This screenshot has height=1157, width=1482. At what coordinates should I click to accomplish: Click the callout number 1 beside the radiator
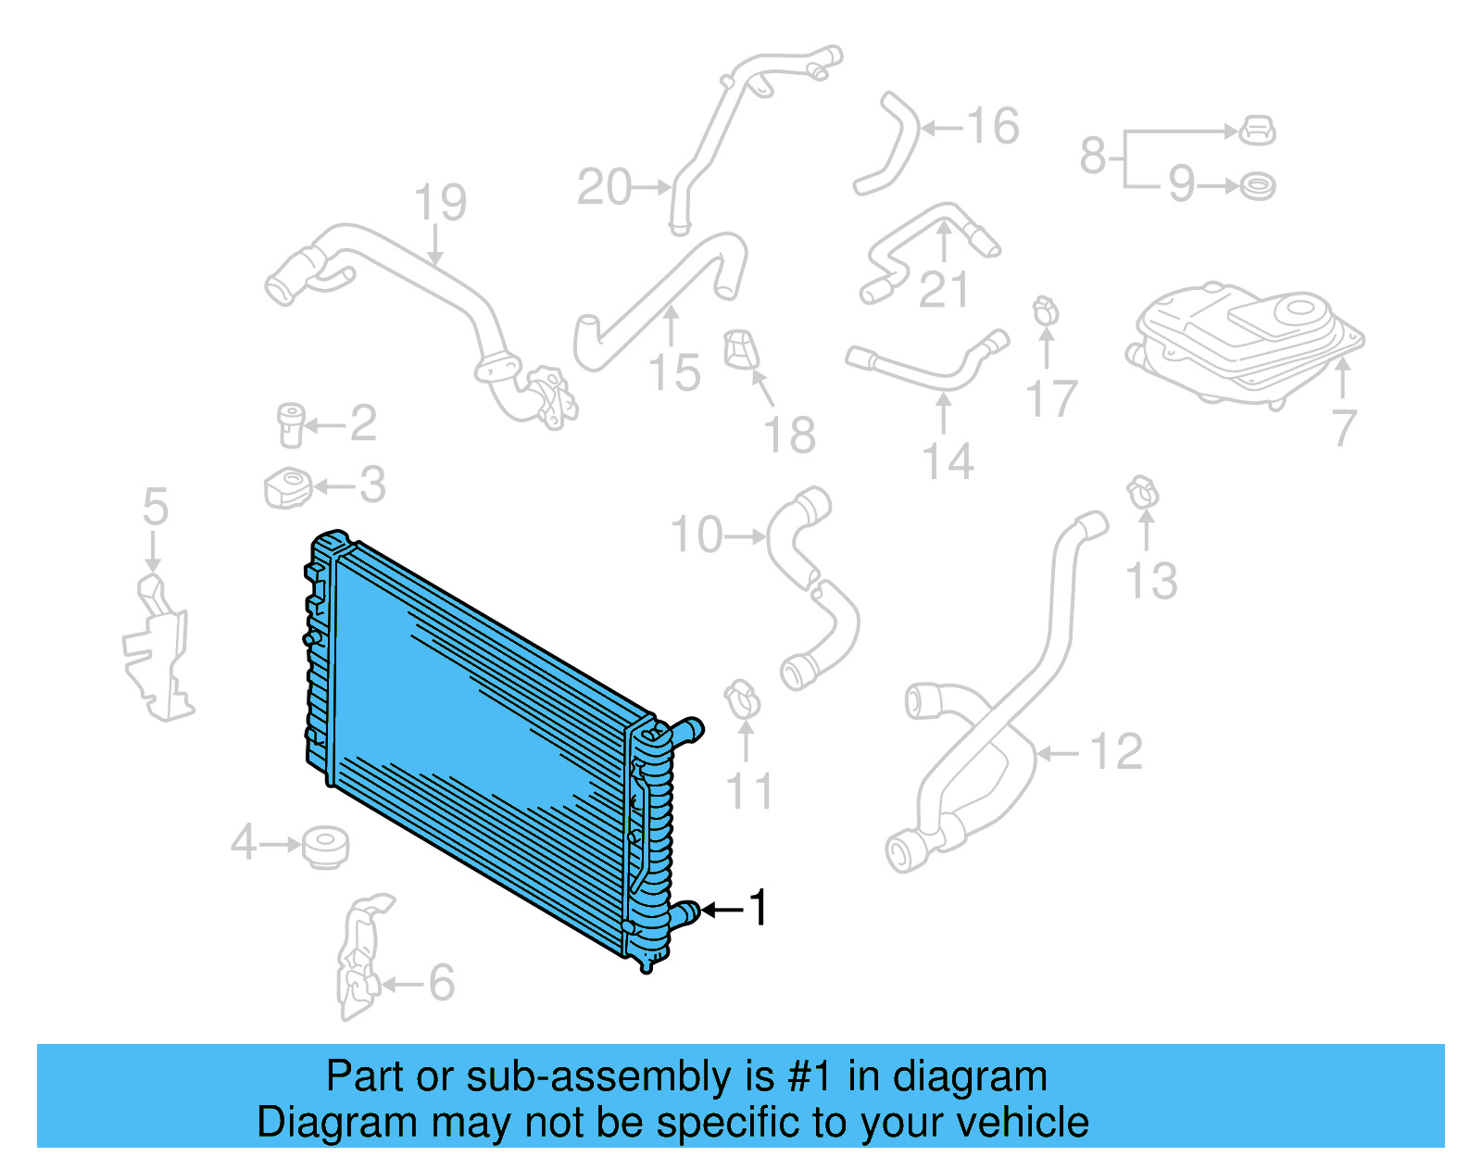click(759, 908)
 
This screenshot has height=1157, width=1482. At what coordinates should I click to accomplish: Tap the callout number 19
click(440, 203)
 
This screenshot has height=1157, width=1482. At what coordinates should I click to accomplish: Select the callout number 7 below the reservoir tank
click(1345, 427)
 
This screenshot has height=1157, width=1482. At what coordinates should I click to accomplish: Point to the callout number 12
click(1116, 752)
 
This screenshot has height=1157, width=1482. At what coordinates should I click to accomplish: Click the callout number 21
click(943, 290)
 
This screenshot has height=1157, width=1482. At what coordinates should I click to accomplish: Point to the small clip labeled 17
click(1046, 309)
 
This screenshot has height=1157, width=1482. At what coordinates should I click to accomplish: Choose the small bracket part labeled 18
click(741, 349)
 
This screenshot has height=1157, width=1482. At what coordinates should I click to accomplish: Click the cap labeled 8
click(1257, 131)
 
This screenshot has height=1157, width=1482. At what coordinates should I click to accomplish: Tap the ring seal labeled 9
click(1257, 186)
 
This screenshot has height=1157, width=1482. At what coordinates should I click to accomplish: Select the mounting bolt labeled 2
click(291, 424)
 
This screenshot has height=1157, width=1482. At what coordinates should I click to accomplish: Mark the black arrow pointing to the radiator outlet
click(722, 910)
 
